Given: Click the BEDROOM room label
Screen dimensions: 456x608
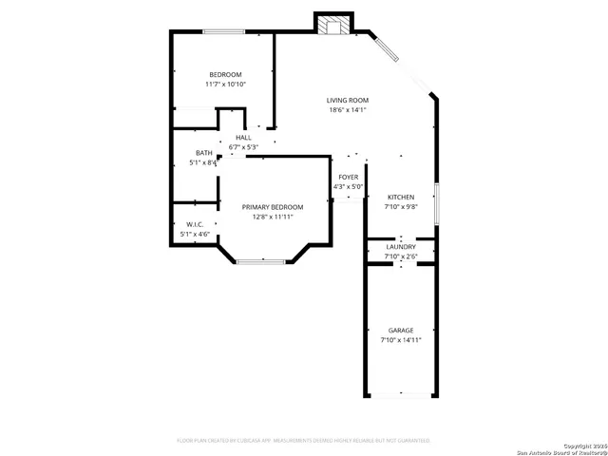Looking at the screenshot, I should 225,74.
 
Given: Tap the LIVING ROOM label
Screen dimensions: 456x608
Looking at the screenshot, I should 347,100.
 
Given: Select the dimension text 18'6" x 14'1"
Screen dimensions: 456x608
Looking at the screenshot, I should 347,110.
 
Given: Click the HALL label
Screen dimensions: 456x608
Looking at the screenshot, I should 243,138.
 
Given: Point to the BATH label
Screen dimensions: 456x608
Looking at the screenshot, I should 204,153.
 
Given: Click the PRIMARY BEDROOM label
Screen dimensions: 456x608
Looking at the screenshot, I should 272,207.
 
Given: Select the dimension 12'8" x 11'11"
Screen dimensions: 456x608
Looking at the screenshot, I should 272,217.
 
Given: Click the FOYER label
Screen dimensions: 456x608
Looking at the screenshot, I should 348,177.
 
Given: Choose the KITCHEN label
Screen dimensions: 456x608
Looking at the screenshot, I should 400,197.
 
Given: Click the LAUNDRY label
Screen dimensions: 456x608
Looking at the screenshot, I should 400,246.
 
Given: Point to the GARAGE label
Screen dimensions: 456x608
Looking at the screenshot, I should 400,330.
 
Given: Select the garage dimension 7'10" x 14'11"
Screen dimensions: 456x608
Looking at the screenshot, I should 400,339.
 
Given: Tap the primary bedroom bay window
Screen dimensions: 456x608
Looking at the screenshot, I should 260,261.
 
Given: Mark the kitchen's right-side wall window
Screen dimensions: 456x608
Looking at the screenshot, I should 435,200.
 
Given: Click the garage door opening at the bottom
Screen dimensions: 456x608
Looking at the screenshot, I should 400,395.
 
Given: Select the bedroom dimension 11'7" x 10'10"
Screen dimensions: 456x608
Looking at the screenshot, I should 225,85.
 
